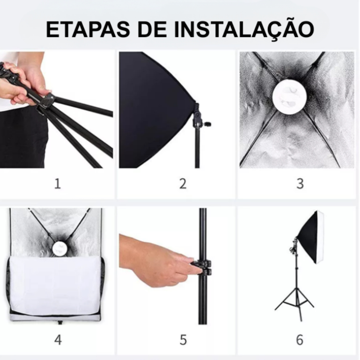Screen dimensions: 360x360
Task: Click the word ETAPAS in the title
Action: tap(88, 30)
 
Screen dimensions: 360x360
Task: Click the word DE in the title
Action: tap(152, 30)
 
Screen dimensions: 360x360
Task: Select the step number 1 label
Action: tap(58, 184)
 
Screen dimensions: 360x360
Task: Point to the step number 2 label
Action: tap(183, 184)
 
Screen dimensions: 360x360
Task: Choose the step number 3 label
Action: tap(300, 184)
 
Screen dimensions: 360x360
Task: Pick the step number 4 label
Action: tap(58, 340)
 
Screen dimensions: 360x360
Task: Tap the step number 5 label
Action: tap(183, 340)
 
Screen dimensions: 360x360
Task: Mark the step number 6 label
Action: tap(300, 340)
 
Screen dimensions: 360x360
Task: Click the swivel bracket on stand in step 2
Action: tap(198, 117)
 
